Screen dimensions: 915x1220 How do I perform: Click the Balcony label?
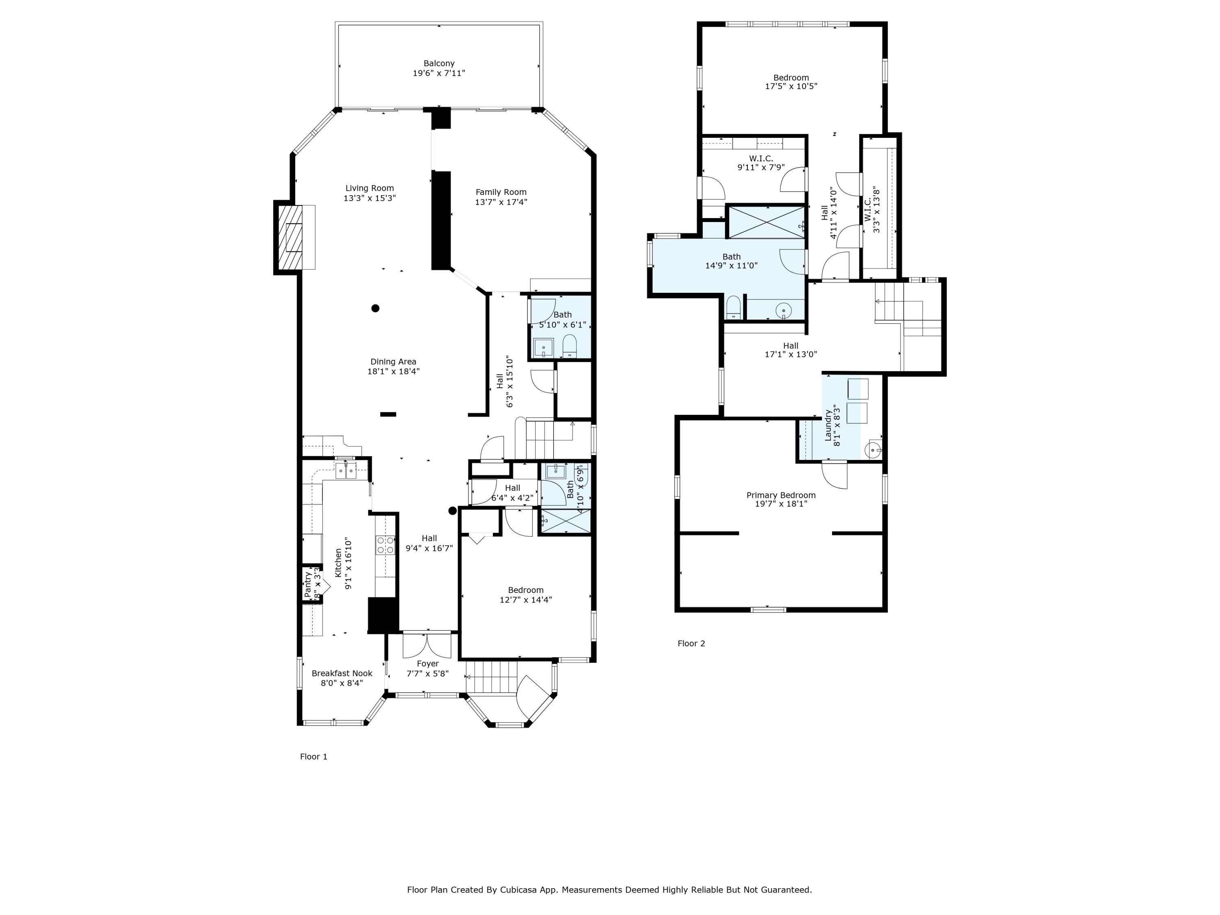pos(439,63)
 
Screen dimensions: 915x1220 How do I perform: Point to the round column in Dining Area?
pos(375,308)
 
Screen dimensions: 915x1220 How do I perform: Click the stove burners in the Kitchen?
pos(386,545)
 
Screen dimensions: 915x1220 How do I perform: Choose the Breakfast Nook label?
pos(342,673)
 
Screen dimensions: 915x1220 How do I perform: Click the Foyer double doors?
pos(427,646)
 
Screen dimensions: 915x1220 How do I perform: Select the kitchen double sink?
pos(346,471)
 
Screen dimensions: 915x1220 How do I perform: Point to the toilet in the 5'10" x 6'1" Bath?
pos(569,346)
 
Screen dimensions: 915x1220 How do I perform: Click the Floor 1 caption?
pos(313,757)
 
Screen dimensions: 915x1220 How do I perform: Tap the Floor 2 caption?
pos(691,643)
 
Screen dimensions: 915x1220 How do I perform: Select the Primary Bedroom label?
pos(780,495)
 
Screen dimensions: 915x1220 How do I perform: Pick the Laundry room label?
pos(828,426)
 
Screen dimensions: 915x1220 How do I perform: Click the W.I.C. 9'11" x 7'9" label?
pos(760,159)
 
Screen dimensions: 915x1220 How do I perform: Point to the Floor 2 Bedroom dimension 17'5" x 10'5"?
pos(791,86)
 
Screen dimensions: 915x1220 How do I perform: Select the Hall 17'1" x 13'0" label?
pos(790,346)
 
